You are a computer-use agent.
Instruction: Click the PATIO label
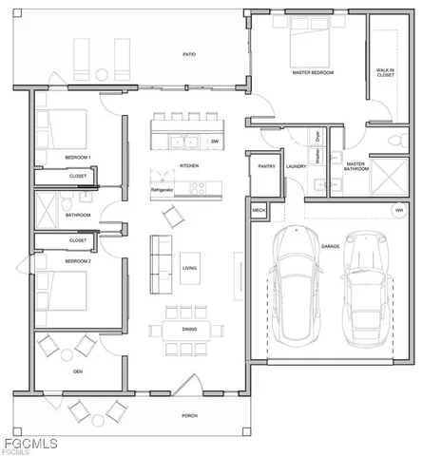point(190,55)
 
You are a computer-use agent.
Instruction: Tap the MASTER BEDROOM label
point(313,72)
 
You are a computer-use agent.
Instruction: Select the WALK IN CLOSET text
point(385,71)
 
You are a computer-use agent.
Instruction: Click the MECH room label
point(259,210)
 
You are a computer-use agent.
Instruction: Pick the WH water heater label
point(399,210)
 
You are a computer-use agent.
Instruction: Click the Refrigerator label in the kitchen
point(163,191)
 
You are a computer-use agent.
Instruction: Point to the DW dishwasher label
point(215,142)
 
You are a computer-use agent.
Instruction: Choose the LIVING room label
point(190,269)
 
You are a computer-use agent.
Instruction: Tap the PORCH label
point(190,416)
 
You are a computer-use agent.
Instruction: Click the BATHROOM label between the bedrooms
point(78,215)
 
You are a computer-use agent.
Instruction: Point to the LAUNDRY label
point(295,166)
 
